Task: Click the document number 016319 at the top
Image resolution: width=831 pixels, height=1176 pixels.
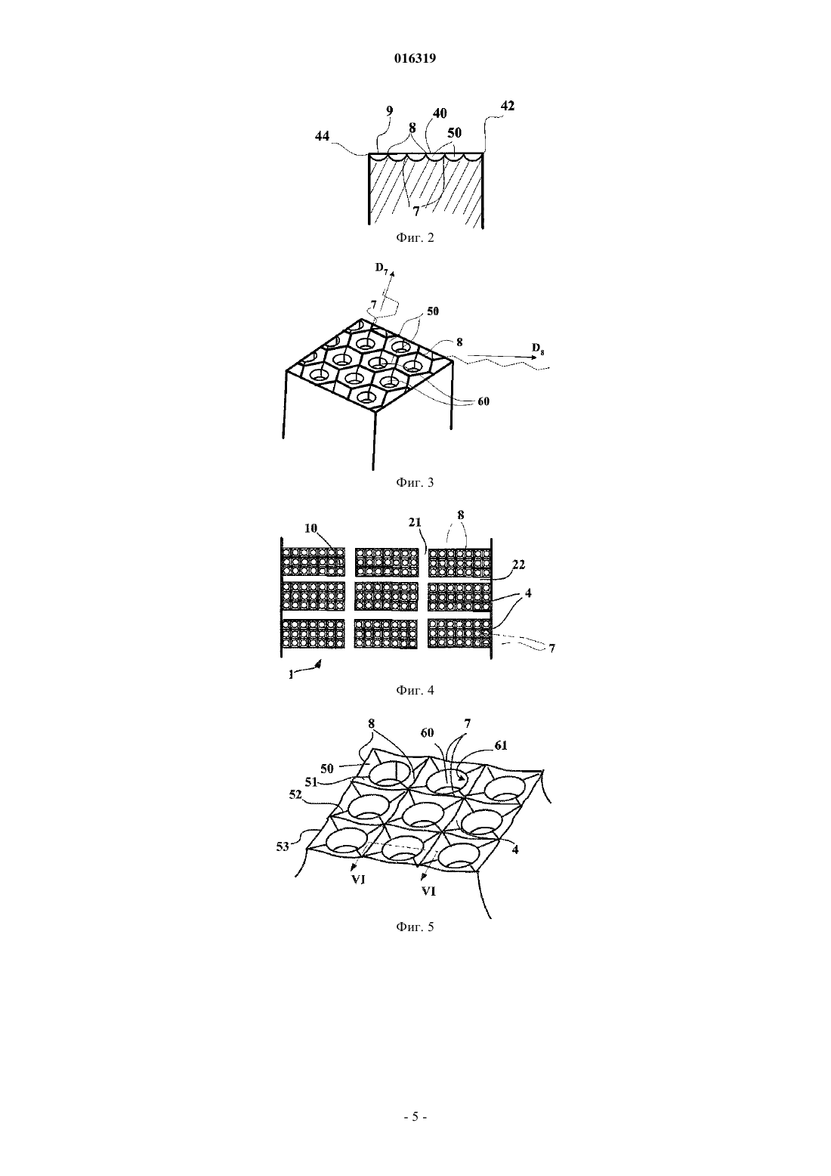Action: pyautogui.click(x=415, y=58)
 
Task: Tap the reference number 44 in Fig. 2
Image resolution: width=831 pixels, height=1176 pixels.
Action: pyautogui.click(x=322, y=136)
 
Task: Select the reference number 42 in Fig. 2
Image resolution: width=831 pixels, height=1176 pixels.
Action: pyautogui.click(x=508, y=106)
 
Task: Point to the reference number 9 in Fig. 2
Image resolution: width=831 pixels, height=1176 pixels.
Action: pyautogui.click(x=389, y=111)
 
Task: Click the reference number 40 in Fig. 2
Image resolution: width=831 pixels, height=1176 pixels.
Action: pyautogui.click(x=440, y=113)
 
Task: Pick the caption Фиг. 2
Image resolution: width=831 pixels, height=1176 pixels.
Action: pyautogui.click(x=415, y=238)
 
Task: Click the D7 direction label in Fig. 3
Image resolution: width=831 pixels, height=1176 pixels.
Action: pyautogui.click(x=382, y=268)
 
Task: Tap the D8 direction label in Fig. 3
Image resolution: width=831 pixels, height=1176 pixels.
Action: pyautogui.click(x=538, y=348)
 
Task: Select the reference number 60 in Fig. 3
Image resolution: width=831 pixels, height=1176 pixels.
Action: pyautogui.click(x=483, y=401)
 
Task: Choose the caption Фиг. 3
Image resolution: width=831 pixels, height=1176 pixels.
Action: pyautogui.click(x=415, y=482)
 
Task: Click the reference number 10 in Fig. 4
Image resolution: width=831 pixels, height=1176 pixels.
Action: pyautogui.click(x=311, y=528)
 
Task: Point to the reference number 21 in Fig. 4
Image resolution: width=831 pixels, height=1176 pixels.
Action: pyautogui.click(x=415, y=521)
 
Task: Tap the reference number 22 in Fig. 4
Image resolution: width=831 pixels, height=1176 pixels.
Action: pyautogui.click(x=518, y=565)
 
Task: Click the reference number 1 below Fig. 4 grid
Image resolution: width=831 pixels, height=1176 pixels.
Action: pyautogui.click(x=291, y=675)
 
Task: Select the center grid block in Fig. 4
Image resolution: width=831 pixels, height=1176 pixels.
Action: pyautogui.click(x=387, y=596)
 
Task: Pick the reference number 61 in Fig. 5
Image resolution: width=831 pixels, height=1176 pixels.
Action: pyautogui.click(x=500, y=745)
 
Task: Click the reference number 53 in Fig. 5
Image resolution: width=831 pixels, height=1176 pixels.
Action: pyautogui.click(x=283, y=846)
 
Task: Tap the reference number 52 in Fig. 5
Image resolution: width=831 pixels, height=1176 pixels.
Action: pyautogui.click(x=295, y=795)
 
